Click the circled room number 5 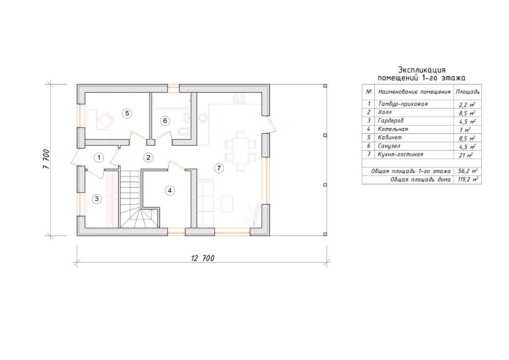click(127, 113)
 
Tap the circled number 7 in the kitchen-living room click(219, 168)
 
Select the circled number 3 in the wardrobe click(97, 198)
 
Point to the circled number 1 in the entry click(99, 158)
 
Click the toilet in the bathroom click(184, 132)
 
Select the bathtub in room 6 click(171, 101)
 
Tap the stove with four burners click(239, 99)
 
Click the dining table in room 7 click(240, 151)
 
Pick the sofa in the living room click(206, 202)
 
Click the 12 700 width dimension click(203, 258)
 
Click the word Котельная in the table click(393, 129)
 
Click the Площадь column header click(468, 92)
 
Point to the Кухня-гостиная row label click(400, 155)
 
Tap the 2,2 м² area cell click(467, 104)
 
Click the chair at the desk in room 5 click(106, 120)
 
